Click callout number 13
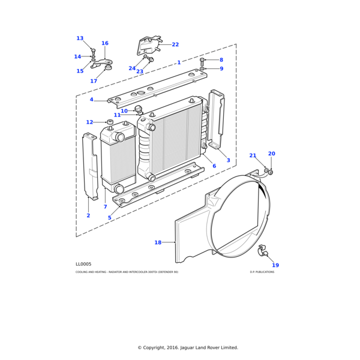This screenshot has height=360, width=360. pyautogui.click(x=80, y=38)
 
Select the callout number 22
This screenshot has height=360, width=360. pyautogui.click(x=175, y=44)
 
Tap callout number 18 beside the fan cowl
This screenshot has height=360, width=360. pyautogui.click(x=158, y=242)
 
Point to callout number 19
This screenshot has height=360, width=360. pyautogui.click(x=275, y=265)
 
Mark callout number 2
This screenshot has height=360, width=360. pyautogui.click(x=88, y=215)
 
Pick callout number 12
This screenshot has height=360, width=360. pyautogui.click(x=89, y=122)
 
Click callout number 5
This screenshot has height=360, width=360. pyautogui.click(x=110, y=218)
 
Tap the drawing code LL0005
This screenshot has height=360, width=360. pyautogui.click(x=83, y=264)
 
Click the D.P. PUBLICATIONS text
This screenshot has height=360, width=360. pyautogui.click(x=262, y=272)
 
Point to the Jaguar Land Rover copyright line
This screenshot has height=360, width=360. pyautogui.click(x=188, y=347)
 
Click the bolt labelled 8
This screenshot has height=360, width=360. pyautogui.click(x=202, y=61)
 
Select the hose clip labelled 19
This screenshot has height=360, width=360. pyautogui.click(x=262, y=251)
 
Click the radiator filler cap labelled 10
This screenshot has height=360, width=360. pyautogui.click(x=138, y=109)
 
